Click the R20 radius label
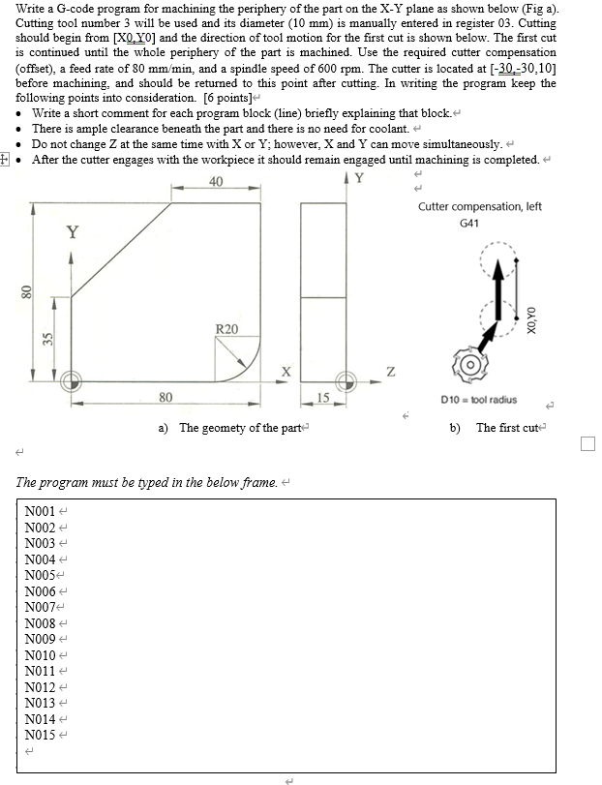click(x=226, y=329)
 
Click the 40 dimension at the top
click(x=215, y=182)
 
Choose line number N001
click(x=42, y=511)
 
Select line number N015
click(x=42, y=734)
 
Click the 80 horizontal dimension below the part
click(x=166, y=396)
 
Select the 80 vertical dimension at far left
click(x=27, y=289)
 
